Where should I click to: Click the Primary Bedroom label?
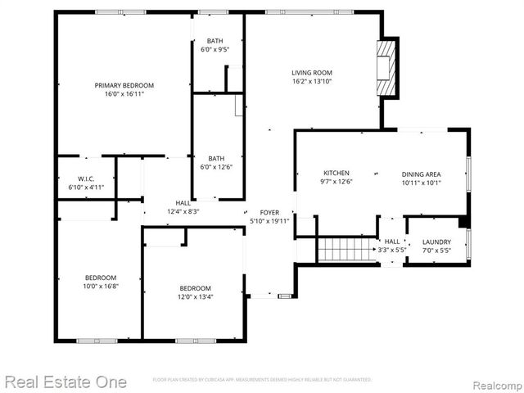click(124, 85)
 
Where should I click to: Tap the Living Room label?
click(311, 73)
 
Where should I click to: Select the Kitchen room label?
click(336, 173)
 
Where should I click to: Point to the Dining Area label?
click(421, 174)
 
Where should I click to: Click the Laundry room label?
click(436, 242)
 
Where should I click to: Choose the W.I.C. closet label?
click(87, 179)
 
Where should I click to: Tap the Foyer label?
click(269, 212)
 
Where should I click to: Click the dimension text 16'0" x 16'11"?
click(124, 94)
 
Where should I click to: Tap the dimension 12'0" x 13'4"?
click(196, 297)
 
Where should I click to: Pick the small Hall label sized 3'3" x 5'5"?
click(392, 250)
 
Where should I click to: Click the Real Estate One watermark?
click(65, 382)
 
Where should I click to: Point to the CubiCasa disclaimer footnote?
click(262, 380)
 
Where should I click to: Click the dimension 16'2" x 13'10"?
click(311, 82)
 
